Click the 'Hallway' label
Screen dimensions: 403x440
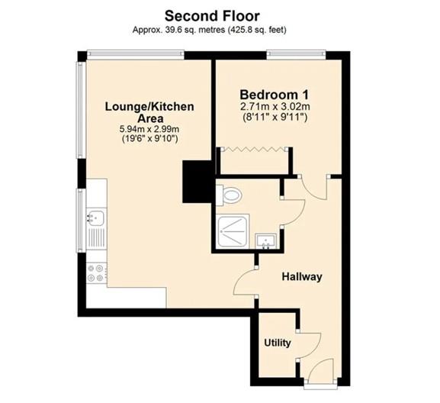(x=302, y=276)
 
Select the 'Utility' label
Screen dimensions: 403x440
(x=277, y=343)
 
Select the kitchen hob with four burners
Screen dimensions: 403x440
(x=97, y=272)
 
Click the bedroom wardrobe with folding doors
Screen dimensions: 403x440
(x=252, y=161)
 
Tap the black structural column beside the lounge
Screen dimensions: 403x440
(x=196, y=180)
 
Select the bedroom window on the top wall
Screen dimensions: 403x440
(x=297, y=54)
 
